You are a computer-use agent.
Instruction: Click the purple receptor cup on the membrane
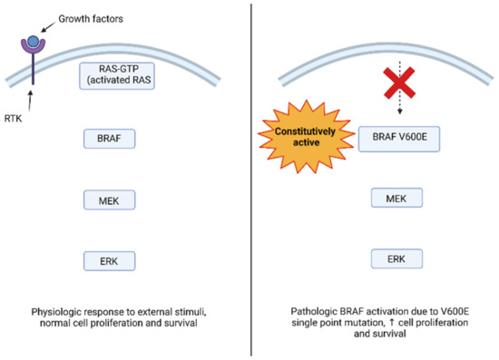pos(33,50)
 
